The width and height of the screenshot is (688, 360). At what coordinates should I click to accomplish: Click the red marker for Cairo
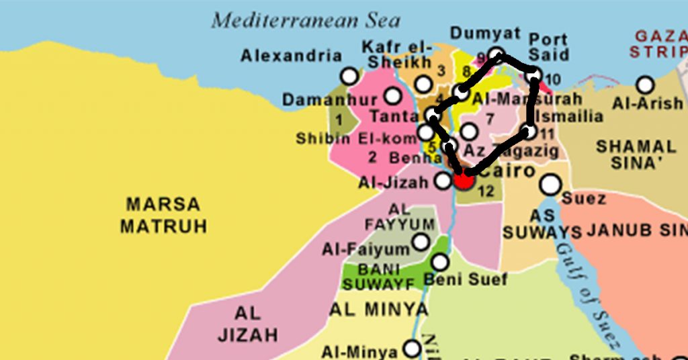pyautogui.click(x=463, y=179)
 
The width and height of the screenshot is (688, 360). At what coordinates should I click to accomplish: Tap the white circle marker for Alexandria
pyautogui.click(x=349, y=76)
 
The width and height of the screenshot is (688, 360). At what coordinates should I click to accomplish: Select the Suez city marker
pyautogui.click(x=551, y=183)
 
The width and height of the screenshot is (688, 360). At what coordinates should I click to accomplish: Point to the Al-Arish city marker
pyautogui.click(x=645, y=85)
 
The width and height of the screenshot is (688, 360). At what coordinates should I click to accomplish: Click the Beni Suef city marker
pyautogui.click(x=440, y=262)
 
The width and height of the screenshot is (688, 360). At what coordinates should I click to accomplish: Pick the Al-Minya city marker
pyautogui.click(x=411, y=349)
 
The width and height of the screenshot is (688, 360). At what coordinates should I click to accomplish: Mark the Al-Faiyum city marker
pyautogui.click(x=421, y=242)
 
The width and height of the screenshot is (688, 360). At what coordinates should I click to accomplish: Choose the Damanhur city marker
pyautogui.click(x=393, y=96)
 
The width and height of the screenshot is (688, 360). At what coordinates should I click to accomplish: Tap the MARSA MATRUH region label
pyautogui.click(x=163, y=215)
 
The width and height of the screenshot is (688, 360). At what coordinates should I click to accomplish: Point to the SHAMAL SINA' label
pyautogui.click(x=636, y=154)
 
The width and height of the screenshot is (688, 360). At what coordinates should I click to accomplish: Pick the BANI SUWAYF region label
pyautogui.click(x=378, y=277)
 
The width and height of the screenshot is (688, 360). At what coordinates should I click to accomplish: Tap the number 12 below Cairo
pyautogui.click(x=486, y=191)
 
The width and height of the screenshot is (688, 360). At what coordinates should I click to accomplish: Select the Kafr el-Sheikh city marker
pyautogui.click(x=423, y=84)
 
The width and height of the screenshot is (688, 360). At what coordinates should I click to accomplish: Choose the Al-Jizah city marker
pyautogui.click(x=443, y=180)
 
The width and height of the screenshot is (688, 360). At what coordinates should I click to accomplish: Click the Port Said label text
pyautogui.click(x=549, y=47)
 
